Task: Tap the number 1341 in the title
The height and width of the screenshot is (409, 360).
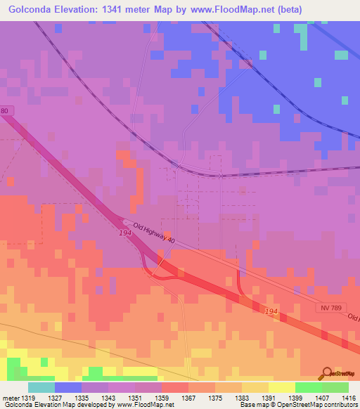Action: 131,9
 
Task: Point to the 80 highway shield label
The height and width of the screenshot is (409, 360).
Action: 5,111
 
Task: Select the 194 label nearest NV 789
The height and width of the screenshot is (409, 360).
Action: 272,310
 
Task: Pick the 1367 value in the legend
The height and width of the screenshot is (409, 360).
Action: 189,398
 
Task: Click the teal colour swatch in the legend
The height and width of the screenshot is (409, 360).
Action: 41,387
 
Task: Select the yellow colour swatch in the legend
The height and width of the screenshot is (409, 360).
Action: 281,387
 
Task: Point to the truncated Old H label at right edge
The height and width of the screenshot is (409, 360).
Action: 352,316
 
